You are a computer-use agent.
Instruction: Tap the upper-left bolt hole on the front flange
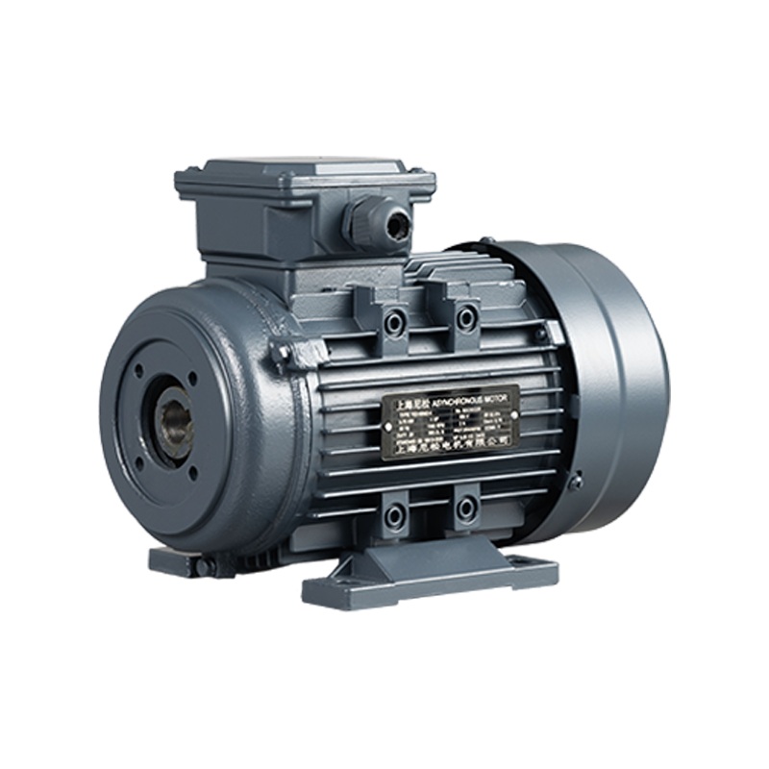pos(140,369)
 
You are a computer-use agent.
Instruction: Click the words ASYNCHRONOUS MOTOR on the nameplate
pos(471,394)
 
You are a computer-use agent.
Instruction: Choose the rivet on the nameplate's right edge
pos(516,415)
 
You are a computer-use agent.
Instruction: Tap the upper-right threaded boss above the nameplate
pos(467,317)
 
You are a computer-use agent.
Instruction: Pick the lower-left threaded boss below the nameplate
pos(395,515)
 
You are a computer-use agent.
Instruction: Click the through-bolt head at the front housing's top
pos(281,352)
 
